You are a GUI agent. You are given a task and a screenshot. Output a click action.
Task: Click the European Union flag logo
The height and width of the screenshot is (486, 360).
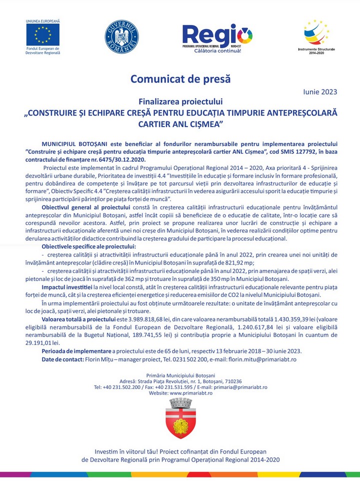(42, 34)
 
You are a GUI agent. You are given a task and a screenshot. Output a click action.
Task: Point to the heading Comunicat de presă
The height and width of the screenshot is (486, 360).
(180, 78)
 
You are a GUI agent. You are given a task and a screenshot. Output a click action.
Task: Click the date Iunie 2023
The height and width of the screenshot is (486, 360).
(320, 91)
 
